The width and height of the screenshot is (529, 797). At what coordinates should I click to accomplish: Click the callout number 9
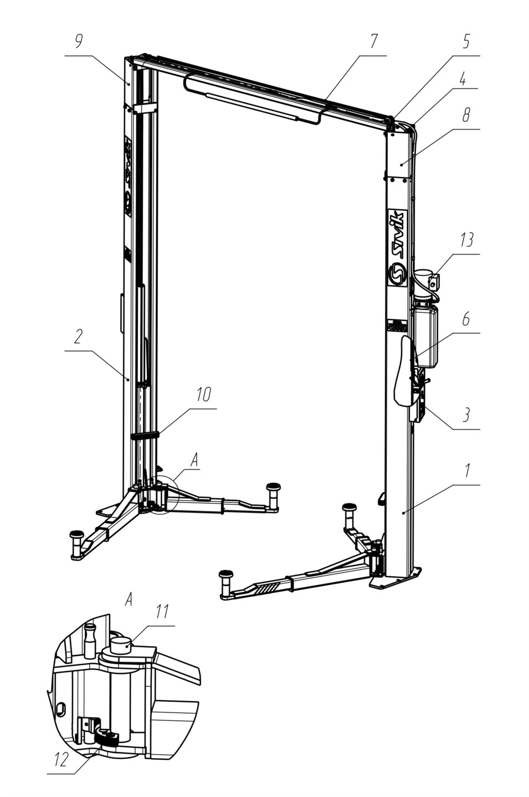pos(79,42)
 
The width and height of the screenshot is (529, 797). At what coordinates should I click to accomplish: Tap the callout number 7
pos(373,42)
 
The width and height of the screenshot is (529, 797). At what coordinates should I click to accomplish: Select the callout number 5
pos(466,42)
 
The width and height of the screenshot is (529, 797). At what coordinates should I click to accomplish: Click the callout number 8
pos(466,115)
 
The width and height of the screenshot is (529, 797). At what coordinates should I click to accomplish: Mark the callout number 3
pos(466,415)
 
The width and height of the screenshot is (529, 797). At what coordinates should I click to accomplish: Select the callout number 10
pos(203,395)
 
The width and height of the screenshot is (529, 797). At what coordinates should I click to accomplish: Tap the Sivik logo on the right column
pos(397,246)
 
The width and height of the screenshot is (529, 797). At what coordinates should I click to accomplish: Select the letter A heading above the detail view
pos(129,600)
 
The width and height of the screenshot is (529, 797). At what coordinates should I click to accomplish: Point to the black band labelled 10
pos(145,436)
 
